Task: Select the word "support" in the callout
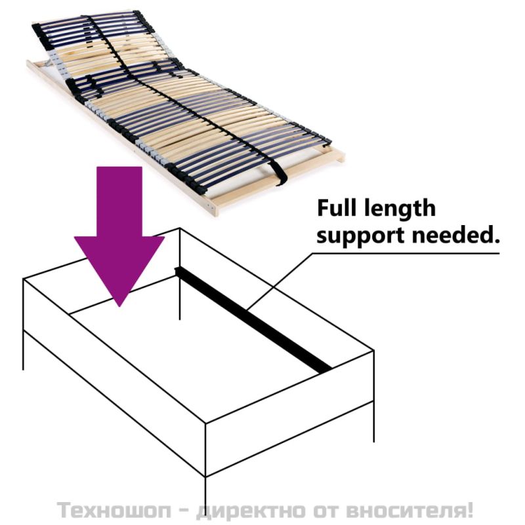pyautogui.click(x=360, y=236)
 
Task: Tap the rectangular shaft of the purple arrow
pyautogui.click(x=119, y=201)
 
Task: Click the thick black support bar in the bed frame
pyautogui.click(x=253, y=320)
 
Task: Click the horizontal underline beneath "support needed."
pyautogui.click(x=406, y=253)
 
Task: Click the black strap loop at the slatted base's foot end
pyautogui.click(x=278, y=173)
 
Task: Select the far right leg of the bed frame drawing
pyautogui.click(x=373, y=422)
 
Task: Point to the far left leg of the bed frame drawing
pyautogui.click(x=23, y=350)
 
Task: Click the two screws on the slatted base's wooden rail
pyautogui.click(x=209, y=206)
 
